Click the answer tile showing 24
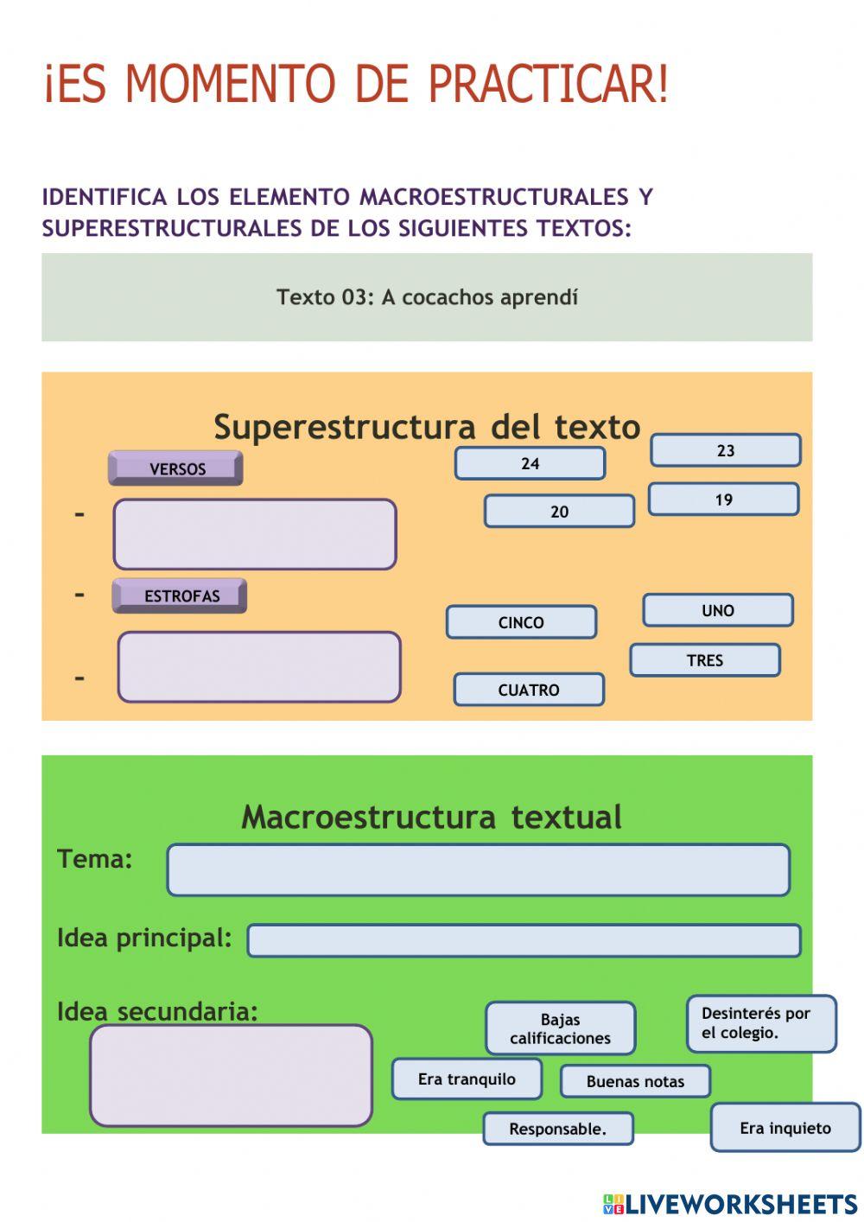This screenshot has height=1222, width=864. pyautogui.click(x=530, y=463)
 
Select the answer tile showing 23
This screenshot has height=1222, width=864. pyautogui.click(x=726, y=450)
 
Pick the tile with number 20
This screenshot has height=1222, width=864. pyautogui.click(x=559, y=511)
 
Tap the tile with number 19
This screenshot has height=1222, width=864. pyautogui.click(x=724, y=500)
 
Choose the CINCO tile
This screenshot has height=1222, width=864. pyautogui.click(x=522, y=622)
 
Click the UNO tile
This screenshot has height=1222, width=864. pyautogui.click(x=718, y=610)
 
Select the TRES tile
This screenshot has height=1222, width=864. pyautogui.click(x=705, y=660)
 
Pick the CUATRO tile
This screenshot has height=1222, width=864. pyautogui.click(x=529, y=690)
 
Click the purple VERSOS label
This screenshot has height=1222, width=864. pyautogui.click(x=175, y=468)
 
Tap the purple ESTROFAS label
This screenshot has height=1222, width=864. pyautogui.click(x=180, y=595)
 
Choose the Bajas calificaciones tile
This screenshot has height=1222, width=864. pyautogui.click(x=561, y=1028)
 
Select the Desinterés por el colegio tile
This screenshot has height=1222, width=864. pyautogui.click(x=761, y=1023)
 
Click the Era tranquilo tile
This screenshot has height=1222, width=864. pyautogui.click(x=467, y=1079)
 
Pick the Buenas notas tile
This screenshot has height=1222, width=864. pyautogui.click(x=635, y=1081)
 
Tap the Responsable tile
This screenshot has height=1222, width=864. pyautogui.click(x=558, y=1129)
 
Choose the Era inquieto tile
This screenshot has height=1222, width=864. pyautogui.click(x=785, y=1128)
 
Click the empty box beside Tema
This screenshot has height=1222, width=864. pyautogui.click(x=479, y=870)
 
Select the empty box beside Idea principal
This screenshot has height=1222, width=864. pyautogui.click(x=524, y=940)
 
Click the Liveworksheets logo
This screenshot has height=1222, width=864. pyautogui.click(x=730, y=1204)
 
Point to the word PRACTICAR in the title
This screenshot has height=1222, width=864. pyautogui.click(x=548, y=84)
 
